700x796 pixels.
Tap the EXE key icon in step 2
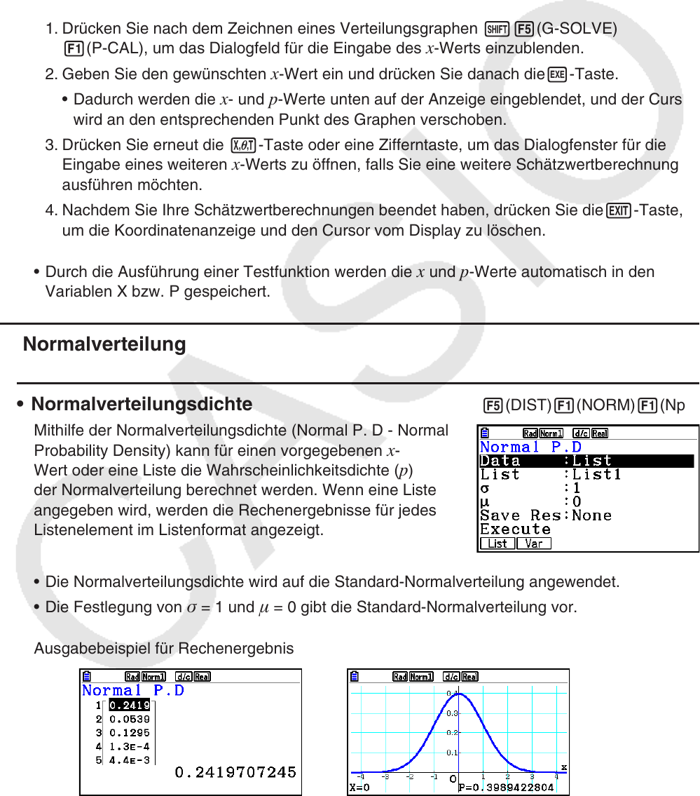[x=557, y=74]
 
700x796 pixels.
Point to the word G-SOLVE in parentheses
[x=576, y=29]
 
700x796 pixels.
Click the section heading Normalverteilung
[x=104, y=344]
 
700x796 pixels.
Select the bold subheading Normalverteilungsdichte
[x=142, y=404]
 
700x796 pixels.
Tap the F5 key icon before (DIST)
[x=493, y=405]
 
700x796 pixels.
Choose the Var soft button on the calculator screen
[x=533, y=544]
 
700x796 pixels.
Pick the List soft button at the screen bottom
[x=497, y=544]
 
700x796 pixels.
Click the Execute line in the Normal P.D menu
[x=515, y=529]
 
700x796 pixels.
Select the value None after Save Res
[x=591, y=515]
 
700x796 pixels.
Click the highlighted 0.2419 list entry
[x=130, y=706]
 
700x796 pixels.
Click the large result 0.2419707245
[x=235, y=772]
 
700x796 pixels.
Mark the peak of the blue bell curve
[x=454, y=693]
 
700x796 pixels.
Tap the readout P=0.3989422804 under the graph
[x=505, y=788]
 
